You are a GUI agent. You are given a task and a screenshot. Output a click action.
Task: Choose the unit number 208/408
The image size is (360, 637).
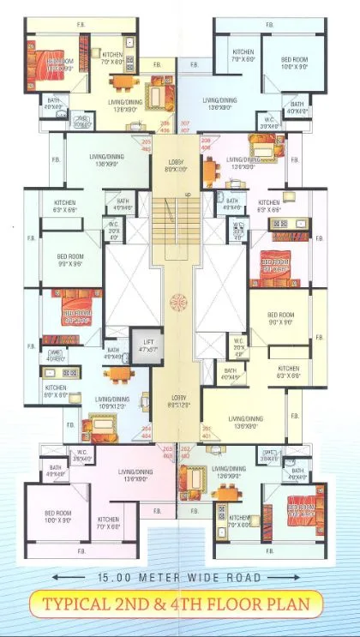(x=206, y=145)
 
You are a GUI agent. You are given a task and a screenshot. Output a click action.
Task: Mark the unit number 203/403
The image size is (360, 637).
(x=167, y=452)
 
